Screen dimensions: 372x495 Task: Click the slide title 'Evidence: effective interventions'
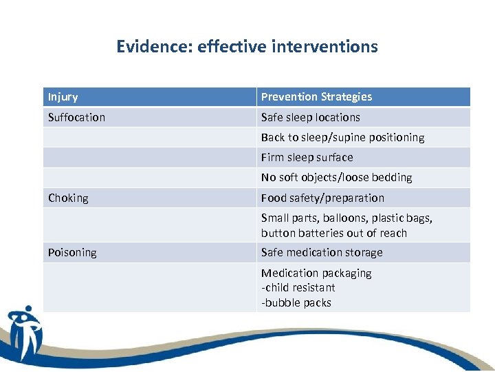click(x=247, y=46)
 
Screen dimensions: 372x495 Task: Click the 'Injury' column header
click(x=63, y=97)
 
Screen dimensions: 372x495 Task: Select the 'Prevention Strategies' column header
click(x=316, y=97)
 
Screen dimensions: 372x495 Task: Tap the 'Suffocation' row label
click(x=76, y=117)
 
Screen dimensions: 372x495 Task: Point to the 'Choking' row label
click(x=68, y=198)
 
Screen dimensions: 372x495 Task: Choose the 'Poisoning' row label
click(x=72, y=252)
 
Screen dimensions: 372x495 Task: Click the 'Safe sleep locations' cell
click(x=310, y=117)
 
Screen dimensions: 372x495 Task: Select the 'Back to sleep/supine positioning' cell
click(x=342, y=137)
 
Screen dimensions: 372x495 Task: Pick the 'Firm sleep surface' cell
click(x=307, y=157)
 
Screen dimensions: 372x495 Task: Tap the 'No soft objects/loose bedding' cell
click(x=336, y=177)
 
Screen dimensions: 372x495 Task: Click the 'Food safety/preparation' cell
click(x=322, y=198)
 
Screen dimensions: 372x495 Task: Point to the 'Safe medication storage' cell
click(x=322, y=252)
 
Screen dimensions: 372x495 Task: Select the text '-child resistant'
click(x=298, y=287)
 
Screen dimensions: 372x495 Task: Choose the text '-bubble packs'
click(x=296, y=302)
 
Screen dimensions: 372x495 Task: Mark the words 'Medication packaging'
click(x=316, y=273)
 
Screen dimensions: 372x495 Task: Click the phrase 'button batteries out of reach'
click(x=333, y=233)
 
